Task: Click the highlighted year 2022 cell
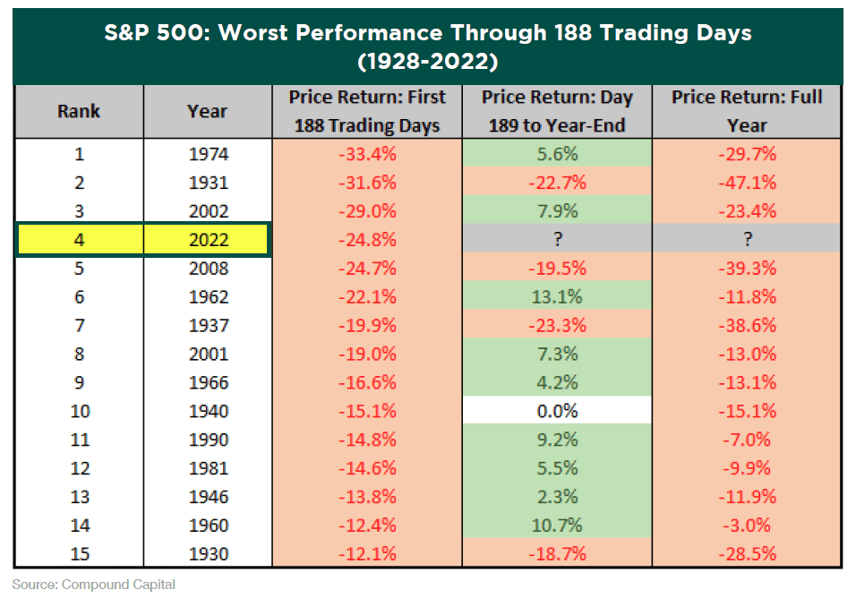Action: tap(208, 240)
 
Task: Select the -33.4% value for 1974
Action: tap(367, 154)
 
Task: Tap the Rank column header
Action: tap(79, 112)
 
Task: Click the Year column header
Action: tap(208, 112)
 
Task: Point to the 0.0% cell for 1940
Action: tap(557, 411)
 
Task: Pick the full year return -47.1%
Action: tap(747, 183)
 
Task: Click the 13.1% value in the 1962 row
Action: tap(557, 296)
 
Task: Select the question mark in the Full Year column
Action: tap(747, 240)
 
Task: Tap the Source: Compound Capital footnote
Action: tap(94, 585)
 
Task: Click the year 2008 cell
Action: tap(208, 269)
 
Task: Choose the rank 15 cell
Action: tap(79, 553)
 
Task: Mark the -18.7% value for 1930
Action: tap(557, 553)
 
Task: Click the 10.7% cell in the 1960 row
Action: tap(557, 525)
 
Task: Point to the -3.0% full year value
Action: tap(747, 525)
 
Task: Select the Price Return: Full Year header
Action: tap(747, 111)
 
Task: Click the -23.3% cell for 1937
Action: tap(557, 325)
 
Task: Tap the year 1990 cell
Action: tap(208, 440)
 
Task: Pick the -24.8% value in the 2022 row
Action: tap(367, 240)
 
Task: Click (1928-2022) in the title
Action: tap(426, 63)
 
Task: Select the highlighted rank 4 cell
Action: tap(79, 240)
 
